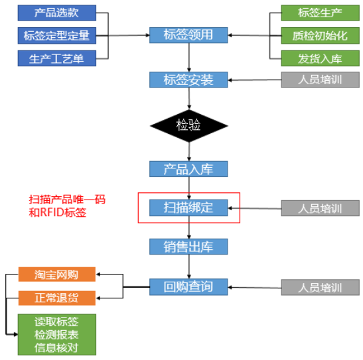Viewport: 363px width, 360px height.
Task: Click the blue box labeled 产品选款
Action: coord(56,12)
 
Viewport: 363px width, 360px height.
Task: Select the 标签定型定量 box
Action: coord(56,35)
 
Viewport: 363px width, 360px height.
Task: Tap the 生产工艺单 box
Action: coord(56,58)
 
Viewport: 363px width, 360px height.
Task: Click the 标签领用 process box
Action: coord(188,34)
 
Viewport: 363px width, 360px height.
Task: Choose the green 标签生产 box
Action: coord(320,12)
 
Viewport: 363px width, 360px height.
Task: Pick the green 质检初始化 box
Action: coord(320,35)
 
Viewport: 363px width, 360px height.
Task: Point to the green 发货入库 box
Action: coord(320,58)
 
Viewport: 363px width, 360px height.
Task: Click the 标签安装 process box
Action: coord(188,80)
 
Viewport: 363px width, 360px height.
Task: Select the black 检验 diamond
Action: coord(188,124)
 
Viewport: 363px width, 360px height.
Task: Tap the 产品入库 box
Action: coord(188,168)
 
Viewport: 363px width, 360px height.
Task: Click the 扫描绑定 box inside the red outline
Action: coord(188,207)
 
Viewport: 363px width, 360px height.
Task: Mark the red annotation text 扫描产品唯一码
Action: coord(67,199)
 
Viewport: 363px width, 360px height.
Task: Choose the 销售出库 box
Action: coord(188,247)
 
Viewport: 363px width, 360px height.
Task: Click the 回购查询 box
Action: coord(188,286)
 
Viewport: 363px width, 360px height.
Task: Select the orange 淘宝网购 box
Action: coord(56,274)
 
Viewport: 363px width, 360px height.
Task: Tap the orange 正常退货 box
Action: coord(56,298)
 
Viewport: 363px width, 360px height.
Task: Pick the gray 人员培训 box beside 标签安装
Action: coord(320,80)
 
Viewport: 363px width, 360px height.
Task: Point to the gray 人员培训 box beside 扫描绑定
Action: coord(320,208)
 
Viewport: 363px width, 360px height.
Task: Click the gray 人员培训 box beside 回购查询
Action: coord(320,288)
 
